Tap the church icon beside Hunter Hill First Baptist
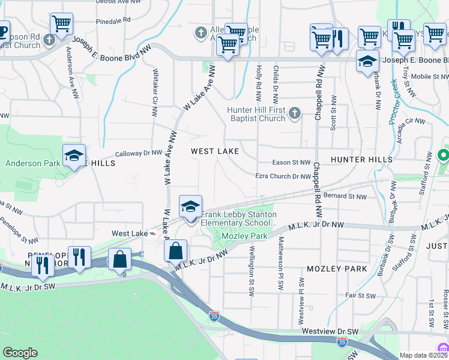point(294,112)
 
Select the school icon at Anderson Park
point(74,156)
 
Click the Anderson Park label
point(33,163)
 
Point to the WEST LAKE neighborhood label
point(215,152)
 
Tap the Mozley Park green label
point(244,236)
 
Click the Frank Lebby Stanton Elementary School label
point(239,218)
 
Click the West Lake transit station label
point(130,233)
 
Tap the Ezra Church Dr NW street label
point(283,176)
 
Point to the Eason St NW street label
point(291,163)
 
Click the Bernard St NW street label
point(345,196)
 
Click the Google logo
point(20,353)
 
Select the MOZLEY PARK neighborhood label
point(336,269)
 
